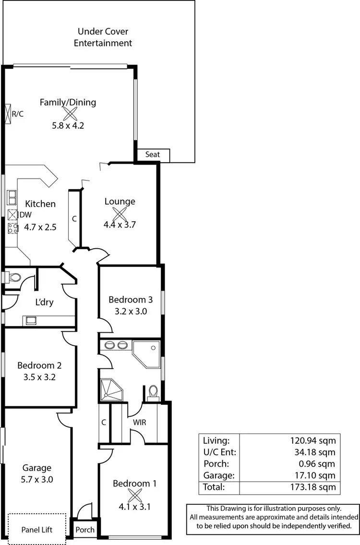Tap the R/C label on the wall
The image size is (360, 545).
tap(18, 114)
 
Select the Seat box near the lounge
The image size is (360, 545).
tap(153, 155)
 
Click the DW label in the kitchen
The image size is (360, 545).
tap(25, 215)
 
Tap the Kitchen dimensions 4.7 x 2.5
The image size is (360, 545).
tap(40, 227)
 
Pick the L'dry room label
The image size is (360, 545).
tap(44, 303)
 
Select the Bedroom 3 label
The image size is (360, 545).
tap(131, 300)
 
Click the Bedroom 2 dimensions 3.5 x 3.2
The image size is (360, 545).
tap(39, 377)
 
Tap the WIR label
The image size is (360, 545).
tap(140, 423)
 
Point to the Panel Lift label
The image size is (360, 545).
tap(37, 530)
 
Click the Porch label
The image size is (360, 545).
tap(85, 530)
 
